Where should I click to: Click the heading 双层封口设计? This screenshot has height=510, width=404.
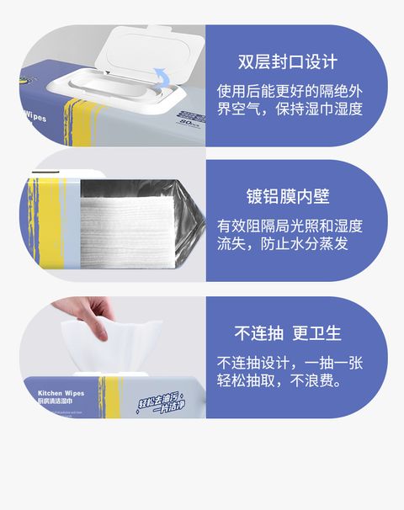[288, 62]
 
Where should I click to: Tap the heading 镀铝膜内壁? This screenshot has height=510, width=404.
[288, 197]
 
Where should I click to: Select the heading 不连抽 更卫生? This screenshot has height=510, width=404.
[288, 332]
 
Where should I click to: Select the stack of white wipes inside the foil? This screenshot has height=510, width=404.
[126, 227]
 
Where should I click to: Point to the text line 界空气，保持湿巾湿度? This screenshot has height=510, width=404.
[290, 109]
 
